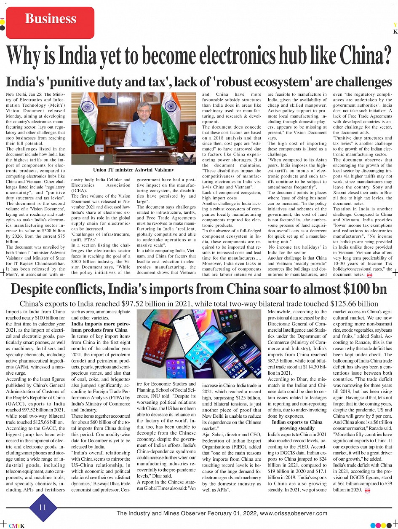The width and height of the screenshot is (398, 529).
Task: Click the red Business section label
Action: point(51,19)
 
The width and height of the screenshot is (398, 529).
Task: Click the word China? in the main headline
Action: point(361,55)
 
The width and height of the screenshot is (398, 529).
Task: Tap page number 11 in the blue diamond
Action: point(43,508)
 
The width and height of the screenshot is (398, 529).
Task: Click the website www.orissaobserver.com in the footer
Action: point(294,513)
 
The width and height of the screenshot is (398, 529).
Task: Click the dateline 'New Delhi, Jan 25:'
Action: point(24,94)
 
